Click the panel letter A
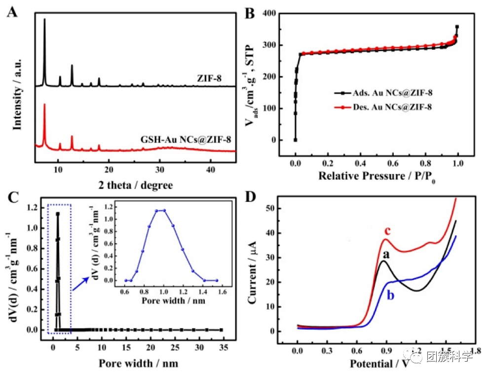pyautogui.click(x=12, y=12)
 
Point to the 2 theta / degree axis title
pyautogui.click(x=136, y=185)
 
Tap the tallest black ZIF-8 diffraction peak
pyautogui.click(x=45, y=20)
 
